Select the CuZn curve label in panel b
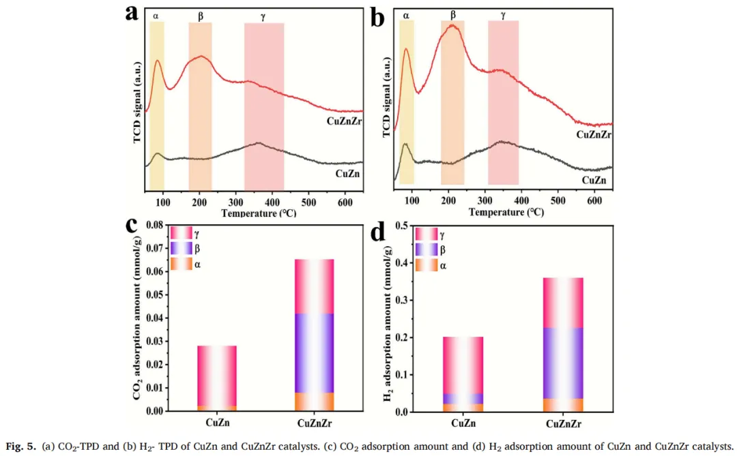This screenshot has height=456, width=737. click(594, 180)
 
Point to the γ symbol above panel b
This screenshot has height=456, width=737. click(503, 14)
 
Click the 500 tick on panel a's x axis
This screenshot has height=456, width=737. click(309, 202)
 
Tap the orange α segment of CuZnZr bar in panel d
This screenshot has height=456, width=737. click(563, 405)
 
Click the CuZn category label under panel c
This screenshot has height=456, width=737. click(217, 423)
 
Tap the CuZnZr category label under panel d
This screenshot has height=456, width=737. click(563, 424)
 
